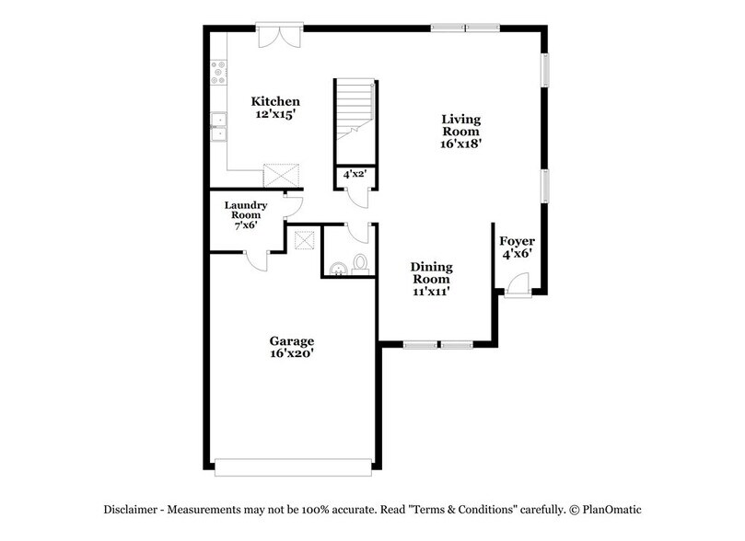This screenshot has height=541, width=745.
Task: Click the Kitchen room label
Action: (x=277, y=100)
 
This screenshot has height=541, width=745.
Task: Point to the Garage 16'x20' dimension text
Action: (x=291, y=352)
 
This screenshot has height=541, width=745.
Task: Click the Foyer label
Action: (x=518, y=242)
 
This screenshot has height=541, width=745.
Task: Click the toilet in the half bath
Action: (x=360, y=263)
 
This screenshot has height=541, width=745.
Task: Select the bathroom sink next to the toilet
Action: (x=339, y=268)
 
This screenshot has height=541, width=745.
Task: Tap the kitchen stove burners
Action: (x=220, y=72)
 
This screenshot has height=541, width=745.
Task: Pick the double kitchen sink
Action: (x=220, y=128)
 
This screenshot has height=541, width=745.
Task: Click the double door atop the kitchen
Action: (x=277, y=36)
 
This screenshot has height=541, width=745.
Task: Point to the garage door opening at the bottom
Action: (x=294, y=466)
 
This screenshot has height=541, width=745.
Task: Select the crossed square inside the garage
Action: (x=304, y=241)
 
